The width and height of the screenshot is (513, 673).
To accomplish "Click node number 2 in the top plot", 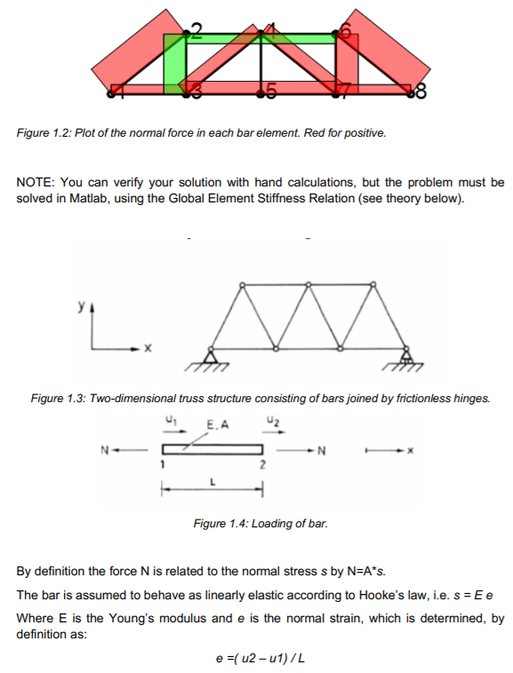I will [x=196, y=31].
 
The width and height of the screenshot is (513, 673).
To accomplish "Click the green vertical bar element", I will [x=174, y=62].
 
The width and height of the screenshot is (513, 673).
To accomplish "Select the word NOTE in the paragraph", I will [x=35, y=182].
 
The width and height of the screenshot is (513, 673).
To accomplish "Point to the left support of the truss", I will [x=212, y=356].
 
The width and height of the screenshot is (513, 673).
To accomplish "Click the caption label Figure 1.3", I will [x=59, y=399].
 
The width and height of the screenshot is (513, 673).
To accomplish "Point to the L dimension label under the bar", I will [x=211, y=480].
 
